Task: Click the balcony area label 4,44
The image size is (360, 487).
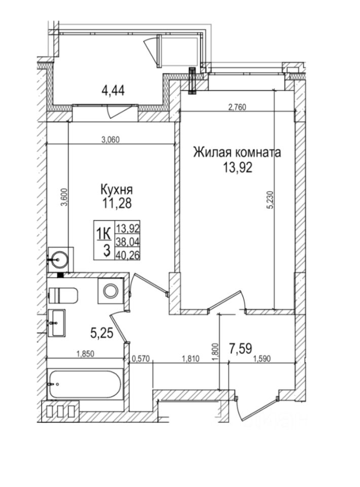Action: pos(113,91)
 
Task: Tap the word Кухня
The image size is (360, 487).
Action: pos(116,190)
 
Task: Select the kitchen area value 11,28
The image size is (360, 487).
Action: pos(116,203)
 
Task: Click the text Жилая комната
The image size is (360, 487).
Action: pos(236,152)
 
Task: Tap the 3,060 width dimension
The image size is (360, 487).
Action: pos(110,141)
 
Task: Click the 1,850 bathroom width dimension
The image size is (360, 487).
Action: pos(85,354)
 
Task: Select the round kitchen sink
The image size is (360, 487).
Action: pos(60,259)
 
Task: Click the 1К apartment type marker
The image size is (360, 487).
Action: pos(103,233)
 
